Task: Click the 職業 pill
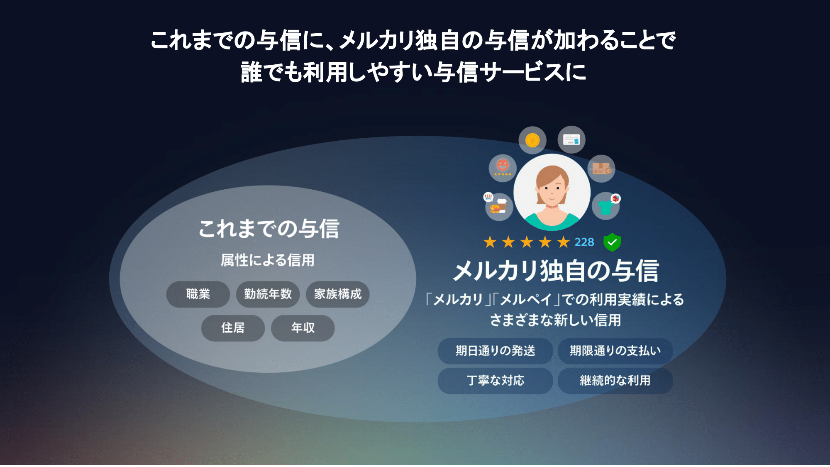[198, 294]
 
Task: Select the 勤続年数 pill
[268, 294]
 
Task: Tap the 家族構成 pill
[337, 294]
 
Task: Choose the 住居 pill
[233, 328]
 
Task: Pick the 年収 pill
[303, 328]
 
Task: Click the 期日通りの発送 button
[495, 351]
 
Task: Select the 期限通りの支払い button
[615, 351]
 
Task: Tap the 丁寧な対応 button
[495, 381]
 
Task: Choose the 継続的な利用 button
[615, 381]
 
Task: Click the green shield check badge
[612, 242]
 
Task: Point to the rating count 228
[584, 242]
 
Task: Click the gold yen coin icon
[532, 140]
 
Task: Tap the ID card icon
[571, 140]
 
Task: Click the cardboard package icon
[601, 169]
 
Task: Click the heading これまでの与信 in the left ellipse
[269, 229]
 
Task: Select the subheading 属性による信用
[268, 260]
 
